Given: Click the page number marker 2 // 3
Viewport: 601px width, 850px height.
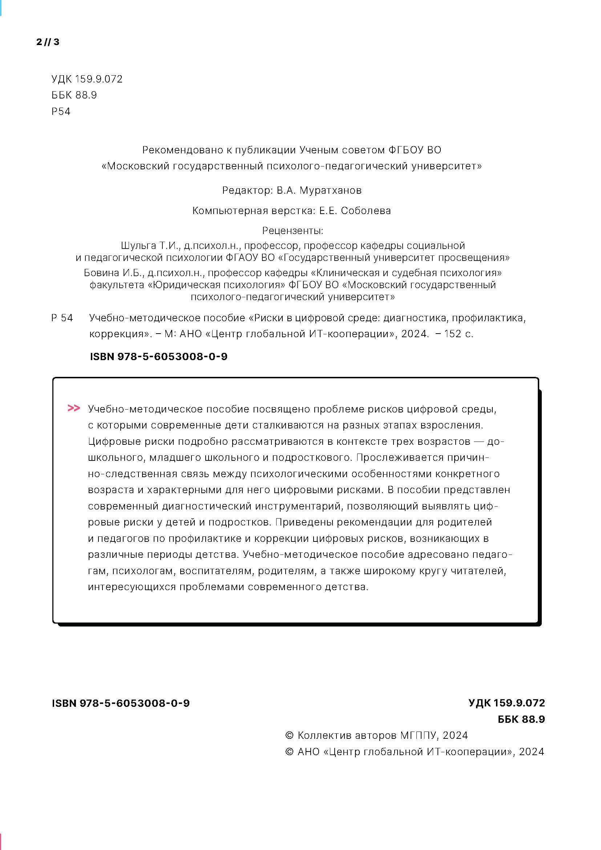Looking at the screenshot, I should pos(48,42).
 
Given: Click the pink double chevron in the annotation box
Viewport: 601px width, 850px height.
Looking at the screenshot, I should pos(74,408).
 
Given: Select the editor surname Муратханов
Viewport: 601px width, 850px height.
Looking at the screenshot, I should pos(330,190).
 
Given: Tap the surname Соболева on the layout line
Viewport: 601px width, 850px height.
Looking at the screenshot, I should pos(366,211).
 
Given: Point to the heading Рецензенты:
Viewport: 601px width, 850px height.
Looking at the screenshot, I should pos(293,231).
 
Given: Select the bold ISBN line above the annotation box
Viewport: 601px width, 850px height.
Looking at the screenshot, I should pos(158,356).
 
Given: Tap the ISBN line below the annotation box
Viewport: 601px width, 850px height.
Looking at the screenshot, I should pos(121,704).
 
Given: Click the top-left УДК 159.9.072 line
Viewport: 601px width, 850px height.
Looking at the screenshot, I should pos(87,79).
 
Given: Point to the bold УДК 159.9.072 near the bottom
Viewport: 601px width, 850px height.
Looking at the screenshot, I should pos(506,703).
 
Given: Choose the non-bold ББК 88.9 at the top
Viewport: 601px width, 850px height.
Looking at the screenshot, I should pos(74,95).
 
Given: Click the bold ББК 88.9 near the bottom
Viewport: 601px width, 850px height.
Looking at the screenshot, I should pos(521,719).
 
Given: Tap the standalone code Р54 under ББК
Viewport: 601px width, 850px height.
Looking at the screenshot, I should pos(61,112).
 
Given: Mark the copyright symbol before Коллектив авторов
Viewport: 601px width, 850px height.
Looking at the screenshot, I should pos(289,736).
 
